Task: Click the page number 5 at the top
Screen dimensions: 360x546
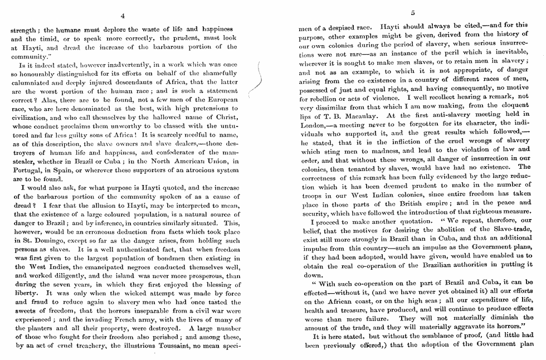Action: (x=413, y=13)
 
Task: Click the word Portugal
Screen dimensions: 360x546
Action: (x=26, y=169)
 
